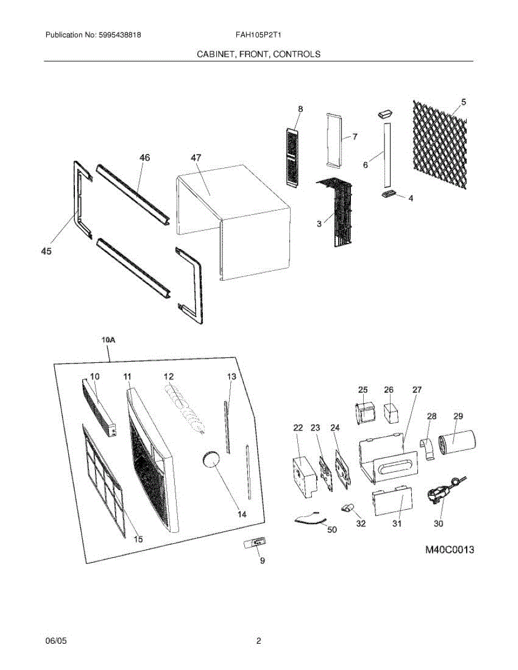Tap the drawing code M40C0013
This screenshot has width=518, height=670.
[449, 550]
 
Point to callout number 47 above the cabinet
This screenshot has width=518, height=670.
[196, 159]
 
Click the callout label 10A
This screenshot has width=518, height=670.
[108, 339]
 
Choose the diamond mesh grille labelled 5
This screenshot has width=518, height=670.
[439, 145]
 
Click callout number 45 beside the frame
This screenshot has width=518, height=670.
[46, 252]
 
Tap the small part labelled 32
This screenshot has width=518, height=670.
[348, 508]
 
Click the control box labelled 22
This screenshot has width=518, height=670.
[303, 476]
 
